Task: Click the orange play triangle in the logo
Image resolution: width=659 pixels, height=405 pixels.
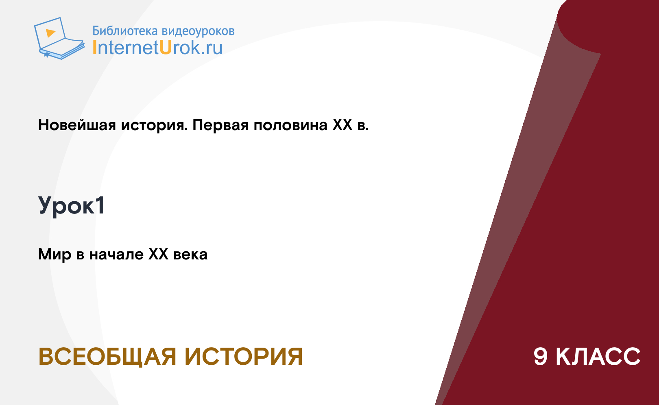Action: click(x=50, y=33)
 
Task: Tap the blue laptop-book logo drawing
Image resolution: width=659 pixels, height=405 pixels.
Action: click(x=59, y=38)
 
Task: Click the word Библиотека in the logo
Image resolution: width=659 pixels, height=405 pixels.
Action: click(x=125, y=31)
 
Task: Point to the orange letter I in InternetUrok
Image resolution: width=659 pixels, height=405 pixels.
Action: click(x=94, y=48)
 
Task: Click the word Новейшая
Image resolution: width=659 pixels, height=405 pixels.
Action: click(x=77, y=125)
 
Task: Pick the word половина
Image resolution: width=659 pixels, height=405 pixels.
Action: click(x=291, y=125)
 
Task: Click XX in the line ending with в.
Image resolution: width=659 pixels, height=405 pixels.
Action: click(x=343, y=125)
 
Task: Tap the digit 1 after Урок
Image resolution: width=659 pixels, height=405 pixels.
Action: click(x=100, y=205)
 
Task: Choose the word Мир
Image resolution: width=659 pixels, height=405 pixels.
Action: click(x=55, y=255)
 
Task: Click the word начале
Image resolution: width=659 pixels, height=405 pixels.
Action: click(x=116, y=255)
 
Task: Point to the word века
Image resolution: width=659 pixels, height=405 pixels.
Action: click(x=190, y=255)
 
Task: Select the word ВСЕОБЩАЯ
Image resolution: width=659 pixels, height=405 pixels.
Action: click(x=107, y=357)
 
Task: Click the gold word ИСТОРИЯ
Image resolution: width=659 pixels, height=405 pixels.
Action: click(x=244, y=357)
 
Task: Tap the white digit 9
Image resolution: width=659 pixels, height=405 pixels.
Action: click(x=541, y=357)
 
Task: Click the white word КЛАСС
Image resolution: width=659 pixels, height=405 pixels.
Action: click(x=598, y=357)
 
